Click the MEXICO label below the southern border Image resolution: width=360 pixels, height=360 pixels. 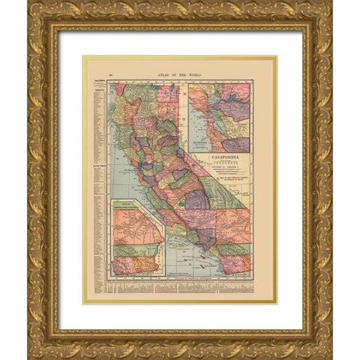click(x=241, y=277)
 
